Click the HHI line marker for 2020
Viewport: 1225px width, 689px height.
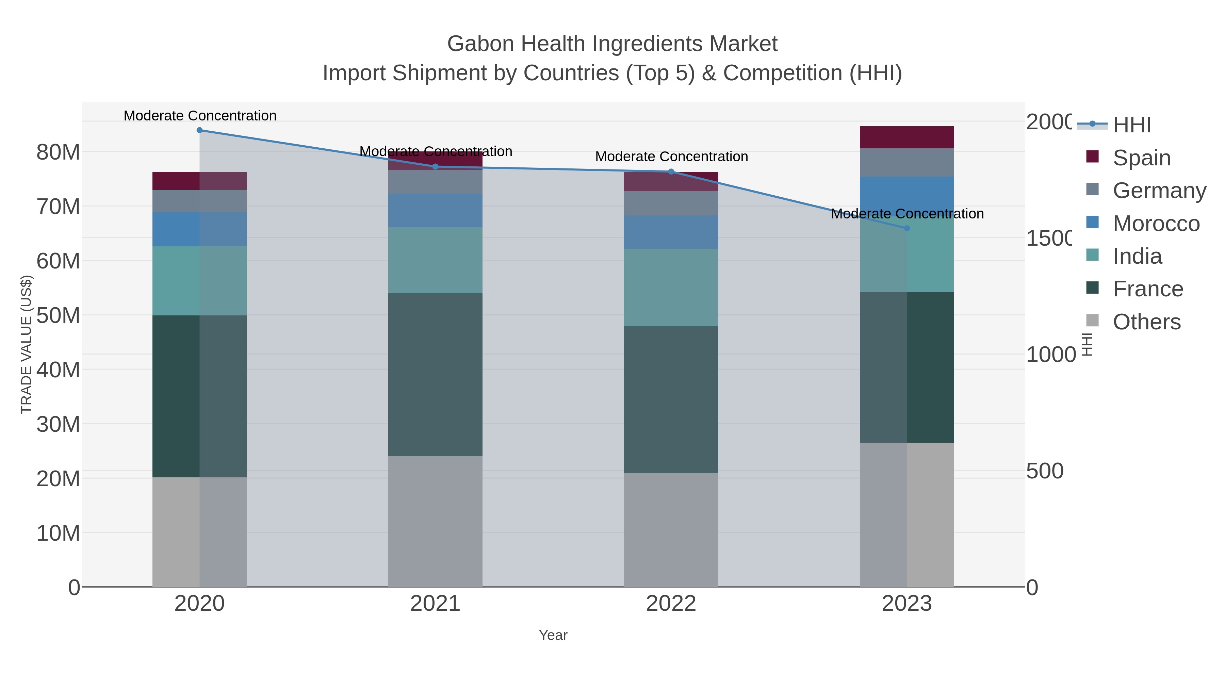pyautogui.click(x=199, y=130)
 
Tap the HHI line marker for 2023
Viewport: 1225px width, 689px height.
pyautogui.click(x=906, y=228)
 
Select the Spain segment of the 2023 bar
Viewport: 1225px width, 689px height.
pyautogui.click(x=906, y=137)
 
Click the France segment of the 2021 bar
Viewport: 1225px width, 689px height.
pyautogui.click(x=435, y=375)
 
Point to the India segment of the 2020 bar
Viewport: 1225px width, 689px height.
pyautogui.click(x=199, y=281)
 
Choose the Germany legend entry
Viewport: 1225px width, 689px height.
pyautogui.click(x=1159, y=191)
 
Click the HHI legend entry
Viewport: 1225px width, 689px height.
pyautogui.click(x=1131, y=125)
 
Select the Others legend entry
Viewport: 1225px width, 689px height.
pyautogui.click(x=1146, y=322)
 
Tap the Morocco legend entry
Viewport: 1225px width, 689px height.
pyautogui.click(x=1156, y=224)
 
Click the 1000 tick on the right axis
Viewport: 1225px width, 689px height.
pyautogui.click(x=1050, y=355)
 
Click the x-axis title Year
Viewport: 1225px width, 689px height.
pyautogui.click(x=553, y=635)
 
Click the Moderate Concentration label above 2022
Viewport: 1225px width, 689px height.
pyautogui.click(x=671, y=157)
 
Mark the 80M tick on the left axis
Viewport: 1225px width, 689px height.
pyautogui.click(x=58, y=152)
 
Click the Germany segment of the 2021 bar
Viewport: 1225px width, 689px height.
pyautogui.click(x=435, y=182)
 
